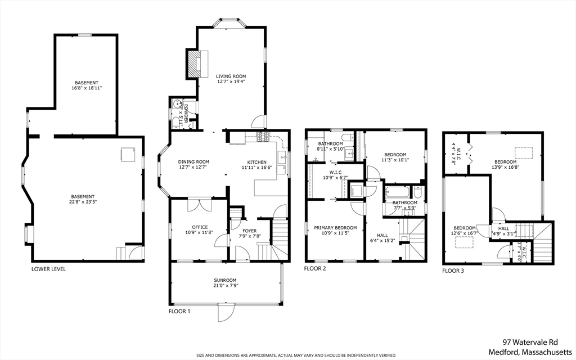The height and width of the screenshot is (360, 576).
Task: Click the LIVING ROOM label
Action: point(231,76)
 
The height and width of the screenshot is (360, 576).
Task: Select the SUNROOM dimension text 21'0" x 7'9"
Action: point(226,285)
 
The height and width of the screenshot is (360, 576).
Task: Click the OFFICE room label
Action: point(200,227)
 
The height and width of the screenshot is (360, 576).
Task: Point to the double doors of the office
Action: point(200,205)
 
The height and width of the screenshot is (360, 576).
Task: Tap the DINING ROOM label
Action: point(193,161)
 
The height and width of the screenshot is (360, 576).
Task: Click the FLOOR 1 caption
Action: point(179,312)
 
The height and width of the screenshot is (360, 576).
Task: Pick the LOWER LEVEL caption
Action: point(48,269)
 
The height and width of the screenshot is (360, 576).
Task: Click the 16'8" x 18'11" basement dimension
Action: point(87,88)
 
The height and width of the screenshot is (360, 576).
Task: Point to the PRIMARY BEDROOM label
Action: point(335,228)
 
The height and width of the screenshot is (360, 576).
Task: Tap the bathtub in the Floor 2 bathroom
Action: point(398,192)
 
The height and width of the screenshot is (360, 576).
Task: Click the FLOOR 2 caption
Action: point(315,268)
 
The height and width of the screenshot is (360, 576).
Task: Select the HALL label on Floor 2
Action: point(382,236)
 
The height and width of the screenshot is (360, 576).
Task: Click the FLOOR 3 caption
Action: point(453,271)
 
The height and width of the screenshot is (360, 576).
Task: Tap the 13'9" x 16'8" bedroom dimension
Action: point(506,166)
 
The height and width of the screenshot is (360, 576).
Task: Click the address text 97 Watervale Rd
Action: point(530,343)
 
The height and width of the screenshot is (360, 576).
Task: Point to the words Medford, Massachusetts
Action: point(530,352)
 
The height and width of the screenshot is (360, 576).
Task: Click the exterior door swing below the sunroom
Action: point(226,313)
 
